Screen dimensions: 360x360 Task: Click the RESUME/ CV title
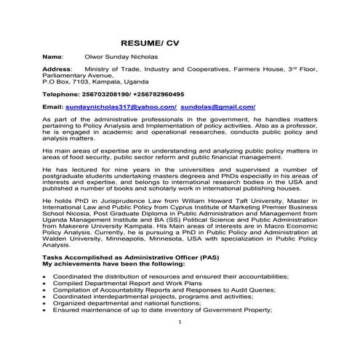pos(149,43)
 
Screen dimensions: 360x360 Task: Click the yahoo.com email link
pos(121,106)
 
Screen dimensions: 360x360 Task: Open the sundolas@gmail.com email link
pos(217,106)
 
